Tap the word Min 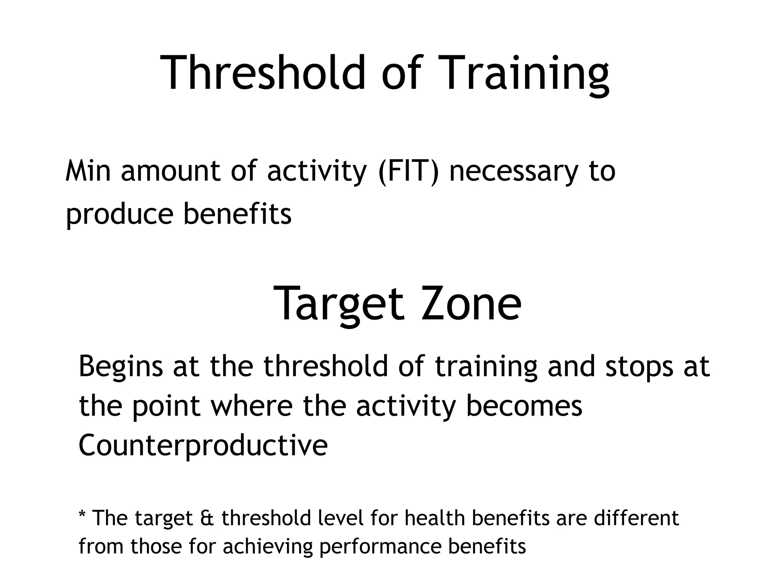tap(88, 171)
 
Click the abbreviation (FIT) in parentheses tap(408, 171)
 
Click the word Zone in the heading tap(471, 303)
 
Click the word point tap(166, 407)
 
